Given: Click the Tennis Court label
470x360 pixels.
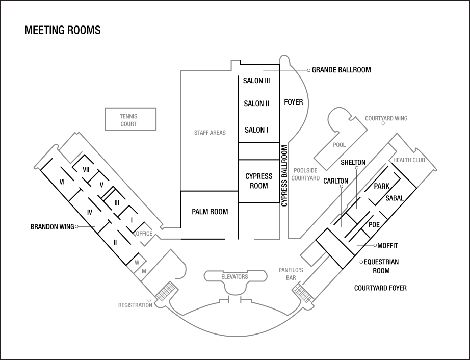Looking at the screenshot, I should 128,120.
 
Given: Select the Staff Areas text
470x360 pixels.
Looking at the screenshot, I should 210,133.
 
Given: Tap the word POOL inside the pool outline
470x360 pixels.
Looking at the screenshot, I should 339,145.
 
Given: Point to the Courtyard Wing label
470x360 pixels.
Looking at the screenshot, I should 386,118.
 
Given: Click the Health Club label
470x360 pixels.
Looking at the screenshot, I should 409,160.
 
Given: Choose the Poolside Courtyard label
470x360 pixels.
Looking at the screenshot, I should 305,174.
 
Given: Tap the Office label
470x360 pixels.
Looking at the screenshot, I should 144,234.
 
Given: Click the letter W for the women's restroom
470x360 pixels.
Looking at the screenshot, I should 137,263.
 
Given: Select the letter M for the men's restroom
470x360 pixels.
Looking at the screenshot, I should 144,272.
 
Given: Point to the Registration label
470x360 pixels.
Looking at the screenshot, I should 135,305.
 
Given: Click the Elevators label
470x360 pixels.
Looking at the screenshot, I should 234,277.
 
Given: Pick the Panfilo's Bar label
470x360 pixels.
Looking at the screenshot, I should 291,274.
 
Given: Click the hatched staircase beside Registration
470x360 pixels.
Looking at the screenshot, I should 167,293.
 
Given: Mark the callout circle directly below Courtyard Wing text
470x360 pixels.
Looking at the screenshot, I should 383,123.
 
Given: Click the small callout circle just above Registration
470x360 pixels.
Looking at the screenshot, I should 149,300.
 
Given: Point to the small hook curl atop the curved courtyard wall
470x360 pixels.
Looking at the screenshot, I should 284,59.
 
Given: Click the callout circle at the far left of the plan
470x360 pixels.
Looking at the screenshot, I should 76,226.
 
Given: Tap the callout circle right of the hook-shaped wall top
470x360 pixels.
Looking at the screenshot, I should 308,70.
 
